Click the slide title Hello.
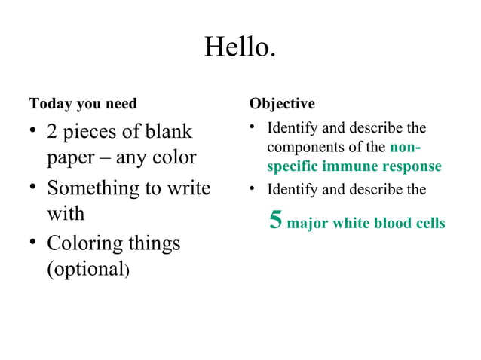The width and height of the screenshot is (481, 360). [240, 48]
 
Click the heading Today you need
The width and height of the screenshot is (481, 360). [83, 103]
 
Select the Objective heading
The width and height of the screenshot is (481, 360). [282, 103]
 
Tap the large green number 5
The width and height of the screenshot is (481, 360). [276, 220]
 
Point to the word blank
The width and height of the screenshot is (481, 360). [167, 132]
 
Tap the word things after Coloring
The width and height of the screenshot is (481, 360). [155, 243]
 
